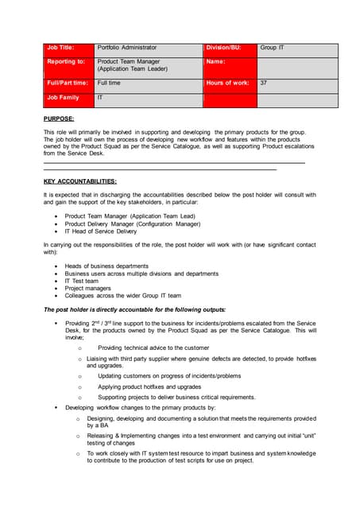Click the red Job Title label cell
(x=68, y=48)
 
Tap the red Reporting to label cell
(x=68, y=64)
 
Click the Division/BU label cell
(x=230, y=48)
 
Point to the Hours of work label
(x=230, y=83)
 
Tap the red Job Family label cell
(x=68, y=98)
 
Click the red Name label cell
(x=230, y=64)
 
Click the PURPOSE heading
(x=59, y=118)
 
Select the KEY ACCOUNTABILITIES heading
(x=79, y=181)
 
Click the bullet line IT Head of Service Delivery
(x=101, y=231)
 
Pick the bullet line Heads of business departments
(x=106, y=266)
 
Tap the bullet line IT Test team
(x=82, y=281)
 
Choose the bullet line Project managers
(x=87, y=288)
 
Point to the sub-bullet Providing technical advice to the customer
(x=153, y=348)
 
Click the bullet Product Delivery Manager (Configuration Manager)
(x=137, y=223)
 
